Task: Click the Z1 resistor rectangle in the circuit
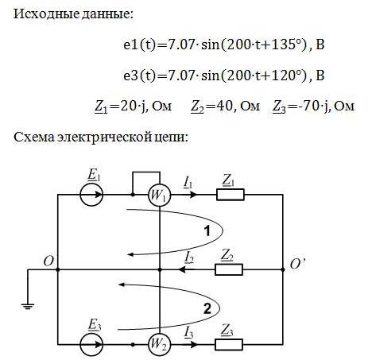[230, 195]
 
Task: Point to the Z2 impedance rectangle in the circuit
[229, 269]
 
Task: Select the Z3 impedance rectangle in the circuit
[229, 345]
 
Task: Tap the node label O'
[297, 264]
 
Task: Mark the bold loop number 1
[207, 230]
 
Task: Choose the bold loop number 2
[207, 308]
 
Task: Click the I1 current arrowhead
[194, 195]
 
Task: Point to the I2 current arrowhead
[182, 269]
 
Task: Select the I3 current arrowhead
[194, 345]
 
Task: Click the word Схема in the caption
[34, 137]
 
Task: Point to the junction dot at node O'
[283, 269]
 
